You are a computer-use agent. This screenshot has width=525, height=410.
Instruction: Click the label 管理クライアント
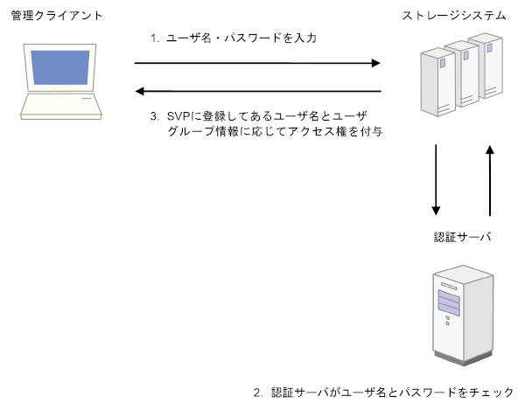(x=50, y=17)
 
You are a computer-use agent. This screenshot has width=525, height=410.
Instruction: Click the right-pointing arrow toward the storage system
(x=258, y=63)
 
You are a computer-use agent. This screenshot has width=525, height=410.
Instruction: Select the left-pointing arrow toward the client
(x=258, y=91)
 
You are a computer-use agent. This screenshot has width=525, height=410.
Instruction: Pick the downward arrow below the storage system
(x=436, y=179)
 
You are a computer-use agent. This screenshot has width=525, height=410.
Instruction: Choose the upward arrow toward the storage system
(x=489, y=179)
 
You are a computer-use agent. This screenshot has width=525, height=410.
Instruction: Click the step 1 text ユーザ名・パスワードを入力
(x=235, y=39)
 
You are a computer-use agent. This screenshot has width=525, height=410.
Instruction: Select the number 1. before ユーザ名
(x=155, y=39)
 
